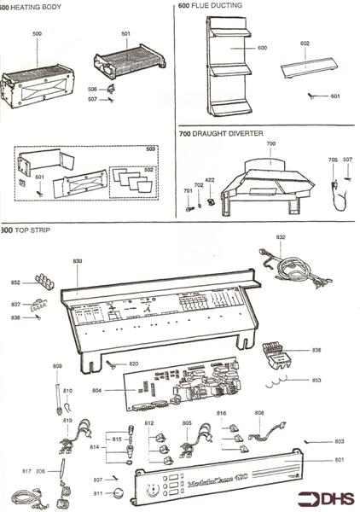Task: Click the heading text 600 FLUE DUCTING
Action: click(x=211, y=5)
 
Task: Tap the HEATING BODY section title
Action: click(x=32, y=5)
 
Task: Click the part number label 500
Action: click(x=37, y=33)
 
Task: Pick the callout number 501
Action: click(x=126, y=34)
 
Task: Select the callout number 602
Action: click(x=305, y=43)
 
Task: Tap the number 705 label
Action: click(x=333, y=160)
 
